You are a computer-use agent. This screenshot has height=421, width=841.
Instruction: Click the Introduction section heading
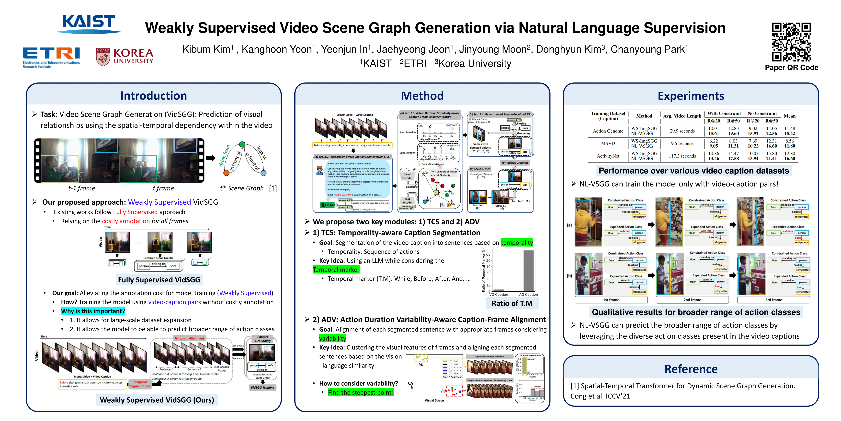[153, 96]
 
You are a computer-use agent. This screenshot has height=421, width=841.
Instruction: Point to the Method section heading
[422, 96]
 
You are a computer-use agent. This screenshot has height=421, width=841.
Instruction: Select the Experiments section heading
[691, 96]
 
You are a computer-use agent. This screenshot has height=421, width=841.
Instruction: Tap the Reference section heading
[691, 369]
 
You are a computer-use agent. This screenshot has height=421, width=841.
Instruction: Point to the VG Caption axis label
[499, 295]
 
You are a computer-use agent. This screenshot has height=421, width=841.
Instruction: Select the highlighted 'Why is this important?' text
[93, 311]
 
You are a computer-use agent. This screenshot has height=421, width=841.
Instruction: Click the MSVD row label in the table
[608, 143]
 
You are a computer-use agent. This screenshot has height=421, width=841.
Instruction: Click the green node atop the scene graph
[242, 144]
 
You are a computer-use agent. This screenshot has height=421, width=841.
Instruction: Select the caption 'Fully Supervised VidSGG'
[159, 280]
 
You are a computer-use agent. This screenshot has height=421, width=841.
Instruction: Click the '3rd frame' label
[773, 300]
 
